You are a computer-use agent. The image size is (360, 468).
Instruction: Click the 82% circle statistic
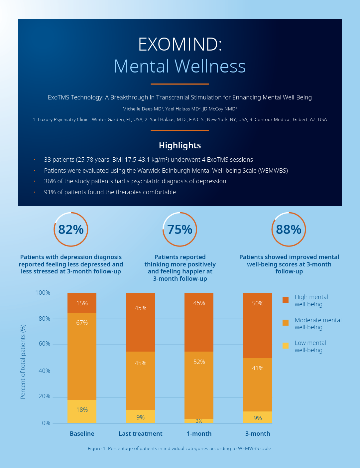[71, 230]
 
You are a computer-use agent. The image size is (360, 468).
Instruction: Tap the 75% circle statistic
[180, 230]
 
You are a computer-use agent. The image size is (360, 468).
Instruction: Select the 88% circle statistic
[289, 230]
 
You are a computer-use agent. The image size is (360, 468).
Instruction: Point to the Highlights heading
[180, 145]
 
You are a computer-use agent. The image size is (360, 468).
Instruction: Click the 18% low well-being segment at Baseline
[82, 411]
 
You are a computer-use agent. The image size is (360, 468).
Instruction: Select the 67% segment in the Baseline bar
[82, 356]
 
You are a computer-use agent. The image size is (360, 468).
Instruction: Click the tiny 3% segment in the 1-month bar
[199, 421]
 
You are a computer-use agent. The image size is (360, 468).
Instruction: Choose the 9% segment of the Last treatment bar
[140, 417]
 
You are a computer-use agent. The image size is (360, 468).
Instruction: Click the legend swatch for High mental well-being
[285, 300]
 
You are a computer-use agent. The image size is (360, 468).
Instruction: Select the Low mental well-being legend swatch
[285, 346]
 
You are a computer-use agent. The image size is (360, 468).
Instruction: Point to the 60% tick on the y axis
[44, 344]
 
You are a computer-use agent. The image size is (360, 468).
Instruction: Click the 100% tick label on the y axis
[43, 293]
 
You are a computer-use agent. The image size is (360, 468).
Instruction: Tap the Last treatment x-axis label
[140, 434]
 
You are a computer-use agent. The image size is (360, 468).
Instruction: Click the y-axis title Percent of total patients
[23, 362]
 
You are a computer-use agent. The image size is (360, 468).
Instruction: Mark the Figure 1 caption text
[180, 448]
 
